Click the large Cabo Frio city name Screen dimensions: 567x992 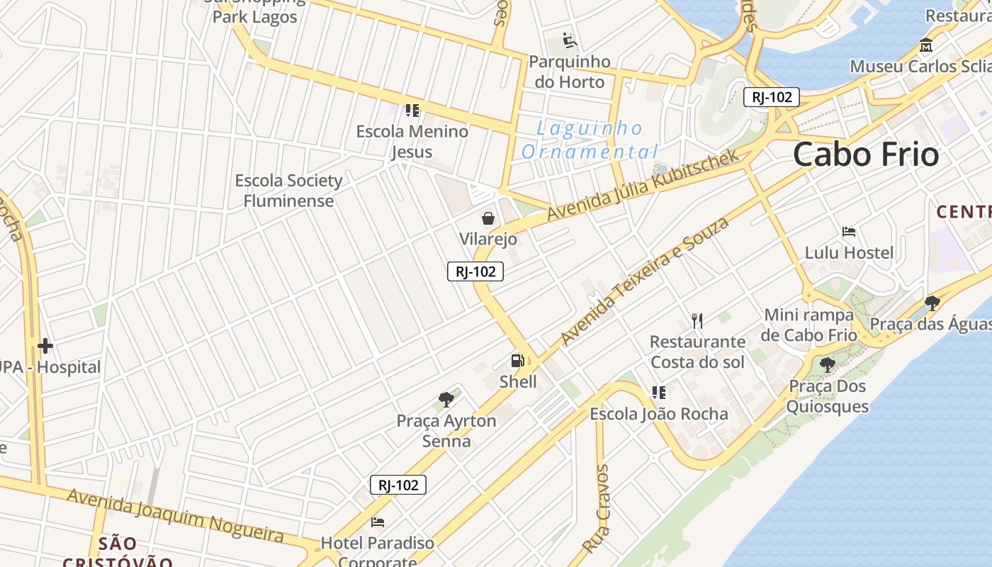pyautogui.click(x=866, y=155)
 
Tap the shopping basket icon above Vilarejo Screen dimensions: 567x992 pyautogui.click(x=488, y=218)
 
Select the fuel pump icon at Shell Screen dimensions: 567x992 pyautogui.click(x=518, y=361)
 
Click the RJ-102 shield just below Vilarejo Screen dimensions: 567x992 pyautogui.click(x=475, y=271)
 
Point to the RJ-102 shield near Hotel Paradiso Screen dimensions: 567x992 pyautogui.click(x=398, y=485)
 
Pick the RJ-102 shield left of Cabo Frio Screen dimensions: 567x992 pyautogui.click(x=771, y=97)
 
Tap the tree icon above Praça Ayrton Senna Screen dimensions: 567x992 pyautogui.click(x=446, y=400)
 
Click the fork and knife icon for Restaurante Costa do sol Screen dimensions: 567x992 pyautogui.click(x=697, y=321)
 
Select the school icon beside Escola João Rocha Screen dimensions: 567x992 pyautogui.click(x=659, y=393)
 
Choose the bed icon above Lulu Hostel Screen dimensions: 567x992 pyautogui.click(x=849, y=232)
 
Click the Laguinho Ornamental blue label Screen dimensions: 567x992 pyautogui.click(x=590, y=140)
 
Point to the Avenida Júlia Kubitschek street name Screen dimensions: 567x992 pyautogui.click(x=643, y=184)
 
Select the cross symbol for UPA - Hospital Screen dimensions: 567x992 pyautogui.click(x=45, y=346)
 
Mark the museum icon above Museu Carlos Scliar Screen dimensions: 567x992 pyautogui.click(x=926, y=45)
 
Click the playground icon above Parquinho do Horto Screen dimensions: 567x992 pyautogui.click(x=570, y=40)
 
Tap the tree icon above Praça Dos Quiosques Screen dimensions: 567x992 pyautogui.click(x=827, y=366)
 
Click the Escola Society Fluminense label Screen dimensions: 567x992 pyautogui.click(x=288, y=191)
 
